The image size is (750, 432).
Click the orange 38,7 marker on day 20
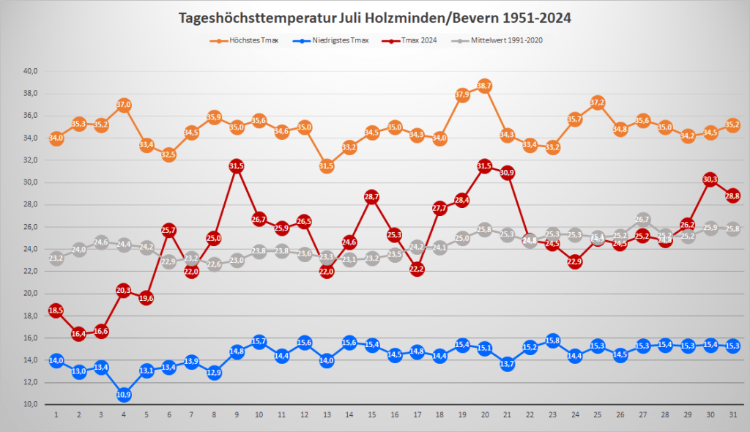click(x=484, y=86)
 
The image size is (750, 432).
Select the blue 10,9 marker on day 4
click(x=124, y=395)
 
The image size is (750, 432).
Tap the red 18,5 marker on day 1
click(x=56, y=310)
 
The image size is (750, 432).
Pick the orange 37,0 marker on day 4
click(x=124, y=105)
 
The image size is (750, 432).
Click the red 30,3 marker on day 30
click(x=710, y=179)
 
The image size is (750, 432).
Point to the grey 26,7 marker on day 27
click(x=642, y=219)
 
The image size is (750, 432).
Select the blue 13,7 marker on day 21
click(x=507, y=364)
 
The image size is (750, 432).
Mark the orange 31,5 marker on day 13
click(x=327, y=166)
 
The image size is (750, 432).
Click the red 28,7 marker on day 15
click(x=371, y=197)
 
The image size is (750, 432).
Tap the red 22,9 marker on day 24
click(x=575, y=261)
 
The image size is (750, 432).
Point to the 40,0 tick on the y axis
click(x=30, y=71)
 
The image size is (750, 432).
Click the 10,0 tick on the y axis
click(x=30, y=404)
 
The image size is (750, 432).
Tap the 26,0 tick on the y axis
click(x=30, y=227)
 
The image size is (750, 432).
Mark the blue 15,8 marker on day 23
click(x=552, y=340)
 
